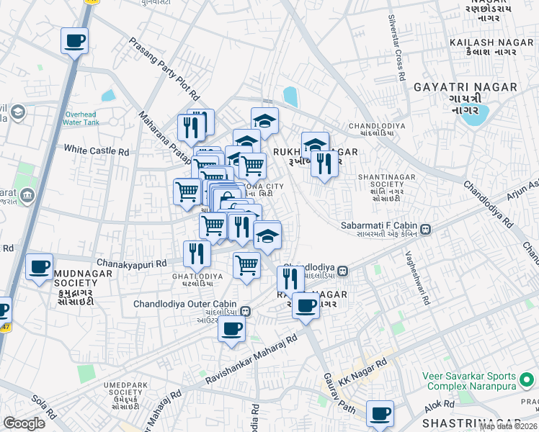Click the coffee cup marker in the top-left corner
tap(74, 40)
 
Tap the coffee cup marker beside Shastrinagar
tap(380, 414)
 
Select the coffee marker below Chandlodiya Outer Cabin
tap(232, 330)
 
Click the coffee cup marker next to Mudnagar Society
tap(40, 267)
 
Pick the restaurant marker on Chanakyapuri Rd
tap(197, 253)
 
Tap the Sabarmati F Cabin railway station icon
tap(426, 230)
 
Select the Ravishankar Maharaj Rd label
tap(251, 358)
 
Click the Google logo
tap(24, 423)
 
